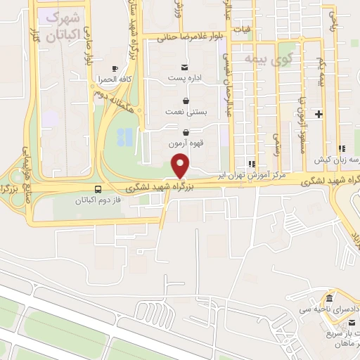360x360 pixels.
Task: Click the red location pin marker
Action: tap(181, 167)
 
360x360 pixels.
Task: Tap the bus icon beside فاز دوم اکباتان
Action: tap(98, 188)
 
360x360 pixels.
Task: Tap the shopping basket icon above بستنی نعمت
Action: tap(186, 100)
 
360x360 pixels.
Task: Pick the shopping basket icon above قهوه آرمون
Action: tap(186, 131)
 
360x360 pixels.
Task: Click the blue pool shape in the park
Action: tap(124, 139)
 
